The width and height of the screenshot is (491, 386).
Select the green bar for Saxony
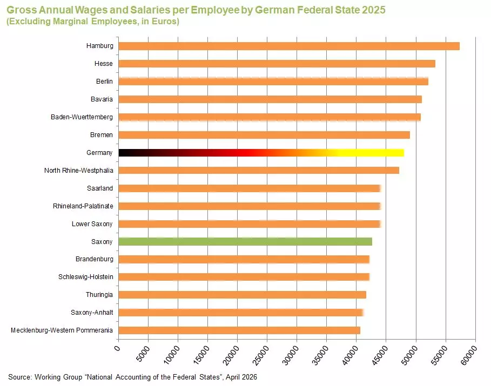245,241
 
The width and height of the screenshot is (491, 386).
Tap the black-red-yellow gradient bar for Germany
261,153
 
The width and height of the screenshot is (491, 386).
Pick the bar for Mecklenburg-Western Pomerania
239,330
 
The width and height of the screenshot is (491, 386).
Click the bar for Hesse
277,64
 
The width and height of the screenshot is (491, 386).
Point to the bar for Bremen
264,135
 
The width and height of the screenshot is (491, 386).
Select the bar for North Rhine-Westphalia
258,171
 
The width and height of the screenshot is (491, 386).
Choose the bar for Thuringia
242,295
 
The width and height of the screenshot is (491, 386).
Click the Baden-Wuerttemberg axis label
82,117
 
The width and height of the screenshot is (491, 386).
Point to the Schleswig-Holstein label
85,277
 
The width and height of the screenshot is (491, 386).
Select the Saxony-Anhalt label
92,313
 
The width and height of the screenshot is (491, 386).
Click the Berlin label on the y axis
104,82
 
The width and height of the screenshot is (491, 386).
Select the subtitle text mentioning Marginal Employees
92,22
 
